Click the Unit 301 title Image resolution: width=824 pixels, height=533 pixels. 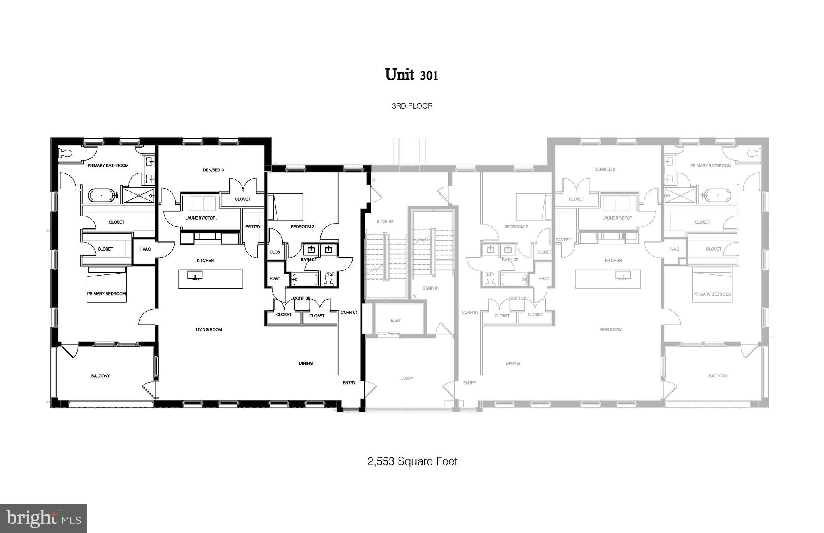pyautogui.click(x=411, y=75)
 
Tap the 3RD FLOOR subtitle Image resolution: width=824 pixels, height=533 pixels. pyautogui.click(x=412, y=106)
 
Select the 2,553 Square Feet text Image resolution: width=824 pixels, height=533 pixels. pyautogui.click(x=412, y=461)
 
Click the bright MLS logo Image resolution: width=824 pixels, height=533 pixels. pyautogui.click(x=43, y=519)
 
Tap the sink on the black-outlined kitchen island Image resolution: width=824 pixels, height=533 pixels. pyautogui.click(x=195, y=275)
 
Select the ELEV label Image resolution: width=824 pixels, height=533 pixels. pyautogui.click(x=395, y=320)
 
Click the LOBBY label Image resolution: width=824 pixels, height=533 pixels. pyautogui.click(x=407, y=378)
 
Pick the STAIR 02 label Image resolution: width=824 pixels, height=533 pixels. pyautogui.click(x=384, y=222)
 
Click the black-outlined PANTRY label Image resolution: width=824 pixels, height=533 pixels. pyautogui.click(x=253, y=226)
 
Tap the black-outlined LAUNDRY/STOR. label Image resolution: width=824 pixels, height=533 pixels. pyautogui.click(x=201, y=218)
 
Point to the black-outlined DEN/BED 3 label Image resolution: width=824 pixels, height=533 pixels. pyautogui.click(x=213, y=170)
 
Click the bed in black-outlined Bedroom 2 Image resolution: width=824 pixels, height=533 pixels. pyautogui.click(x=285, y=207)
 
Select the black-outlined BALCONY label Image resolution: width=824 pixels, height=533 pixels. pyautogui.click(x=100, y=376)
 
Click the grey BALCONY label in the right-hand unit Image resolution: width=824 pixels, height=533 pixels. pyautogui.click(x=718, y=376)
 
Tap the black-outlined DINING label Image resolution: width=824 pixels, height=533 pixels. pyautogui.click(x=306, y=363)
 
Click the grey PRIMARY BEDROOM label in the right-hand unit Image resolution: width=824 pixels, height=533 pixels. pyautogui.click(x=712, y=294)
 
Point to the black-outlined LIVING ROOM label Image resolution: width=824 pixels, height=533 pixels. pyautogui.click(x=209, y=329)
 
